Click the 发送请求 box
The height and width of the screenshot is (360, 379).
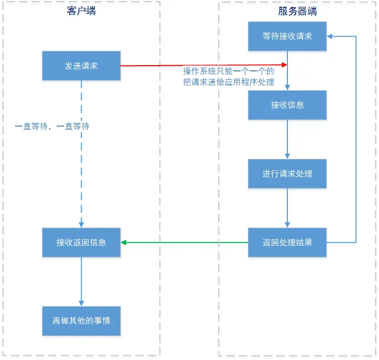(81, 66)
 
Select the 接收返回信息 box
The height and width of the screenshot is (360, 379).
(81, 242)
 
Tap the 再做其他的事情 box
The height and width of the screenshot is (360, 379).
(81, 320)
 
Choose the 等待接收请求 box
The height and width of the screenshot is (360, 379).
(287, 36)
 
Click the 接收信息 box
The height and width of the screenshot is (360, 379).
(287, 105)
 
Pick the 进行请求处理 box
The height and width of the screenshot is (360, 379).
(287, 173)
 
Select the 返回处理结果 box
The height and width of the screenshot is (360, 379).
(287, 242)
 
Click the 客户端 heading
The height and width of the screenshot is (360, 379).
(81, 11)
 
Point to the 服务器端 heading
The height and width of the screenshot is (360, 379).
(298, 11)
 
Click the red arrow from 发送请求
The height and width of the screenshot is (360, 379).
(203, 65)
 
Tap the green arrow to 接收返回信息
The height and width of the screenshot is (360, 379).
(185, 242)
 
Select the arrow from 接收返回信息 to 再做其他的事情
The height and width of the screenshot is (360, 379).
(81, 281)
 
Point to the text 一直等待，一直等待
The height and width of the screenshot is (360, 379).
(52, 126)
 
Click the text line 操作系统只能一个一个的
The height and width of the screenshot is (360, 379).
(228, 71)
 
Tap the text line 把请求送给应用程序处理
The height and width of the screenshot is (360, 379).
(228, 82)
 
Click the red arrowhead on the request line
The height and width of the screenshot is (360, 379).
(284, 65)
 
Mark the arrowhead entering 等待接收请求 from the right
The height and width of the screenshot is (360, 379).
(330, 36)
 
